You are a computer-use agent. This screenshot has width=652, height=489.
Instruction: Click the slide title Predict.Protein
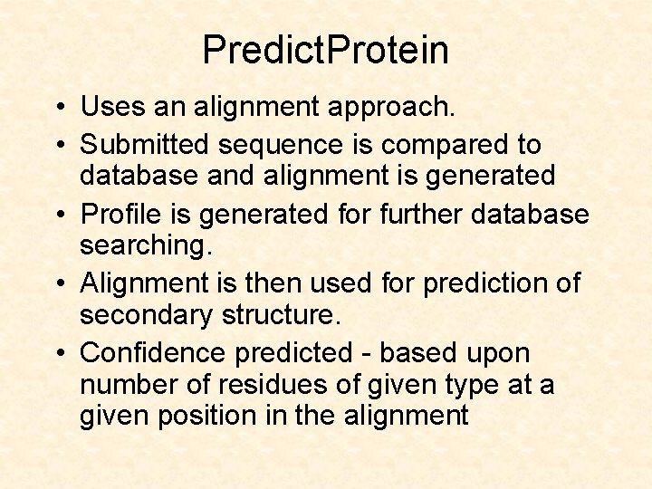[x=325, y=50]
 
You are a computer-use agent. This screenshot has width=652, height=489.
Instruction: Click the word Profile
[x=121, y=215]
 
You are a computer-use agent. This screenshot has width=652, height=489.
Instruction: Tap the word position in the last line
[x=211, y=417]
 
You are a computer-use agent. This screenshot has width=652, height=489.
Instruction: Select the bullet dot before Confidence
[x=57, y=353]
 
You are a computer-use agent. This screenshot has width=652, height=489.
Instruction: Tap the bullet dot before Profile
[x=57, y=216]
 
